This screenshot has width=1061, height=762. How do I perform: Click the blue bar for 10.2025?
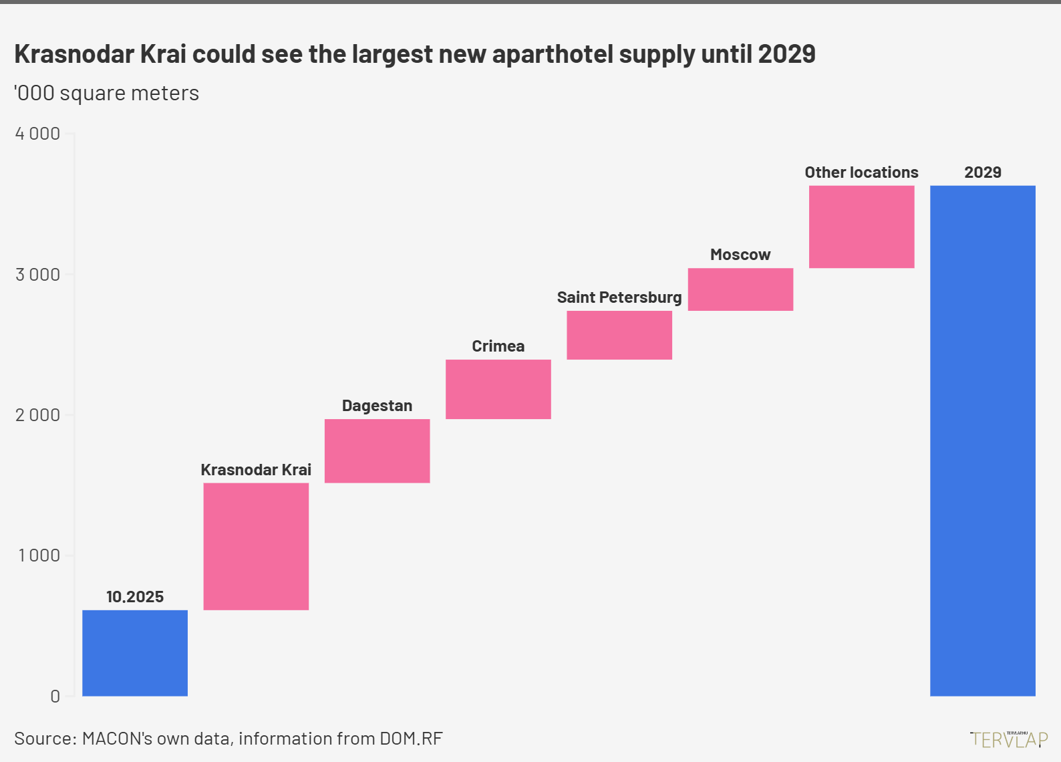(x=135, y=653)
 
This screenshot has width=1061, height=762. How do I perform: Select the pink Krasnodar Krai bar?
(x=256, y=546)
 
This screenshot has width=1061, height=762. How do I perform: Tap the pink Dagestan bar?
(x=377, y=451)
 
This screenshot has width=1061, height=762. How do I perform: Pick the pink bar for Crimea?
(x=498, y=389)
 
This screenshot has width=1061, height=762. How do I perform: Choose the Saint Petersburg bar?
(x=619, y=335)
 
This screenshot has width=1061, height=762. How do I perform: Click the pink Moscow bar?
(x=740, y=289)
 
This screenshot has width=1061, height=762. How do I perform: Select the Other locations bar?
(x=861, y=227)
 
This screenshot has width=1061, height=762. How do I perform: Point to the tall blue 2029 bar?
(x=982, y=440)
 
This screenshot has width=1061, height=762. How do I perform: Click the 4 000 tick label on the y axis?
(x=37, y=134)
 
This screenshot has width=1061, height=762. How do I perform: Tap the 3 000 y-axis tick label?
(x=37, y=275)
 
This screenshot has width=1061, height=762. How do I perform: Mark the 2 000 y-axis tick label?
(x=37, y=415)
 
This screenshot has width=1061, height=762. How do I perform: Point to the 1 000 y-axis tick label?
(x=39, y=555)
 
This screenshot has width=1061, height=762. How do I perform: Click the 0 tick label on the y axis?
(x=55, y=696)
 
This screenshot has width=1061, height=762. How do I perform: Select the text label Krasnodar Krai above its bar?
(x=256, y=470)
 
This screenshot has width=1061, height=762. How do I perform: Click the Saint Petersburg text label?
(x=619, y=297)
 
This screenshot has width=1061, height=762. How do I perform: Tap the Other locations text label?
(x=861, y=172)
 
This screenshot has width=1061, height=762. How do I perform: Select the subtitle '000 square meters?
(x=107, y=93)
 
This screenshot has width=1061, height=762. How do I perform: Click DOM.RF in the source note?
(x=411, y=739)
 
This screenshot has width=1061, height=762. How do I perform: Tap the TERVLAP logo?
(x=1009, y=739)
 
